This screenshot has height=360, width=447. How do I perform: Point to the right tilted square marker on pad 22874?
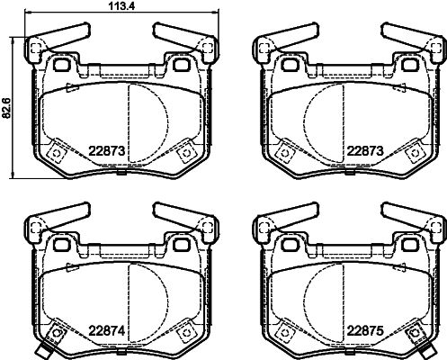click(187, 334)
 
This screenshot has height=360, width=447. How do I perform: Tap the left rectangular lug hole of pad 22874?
click(62, 244)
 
